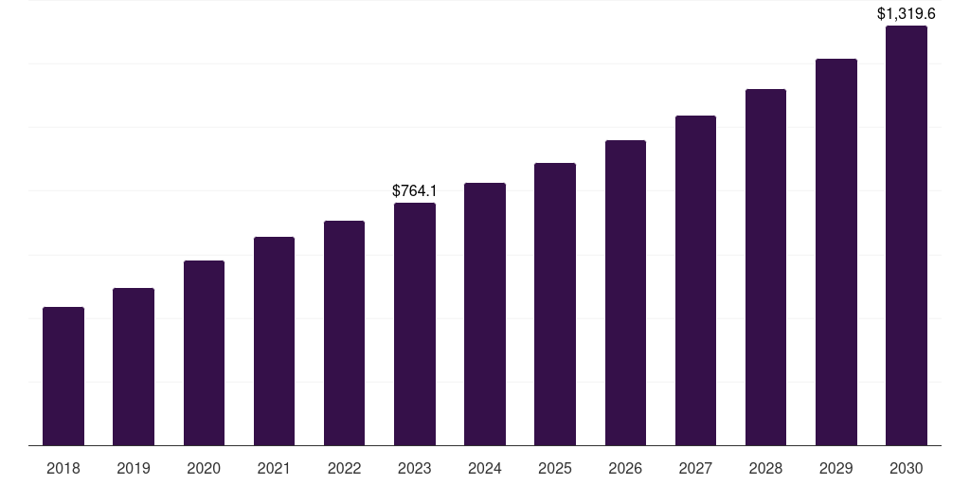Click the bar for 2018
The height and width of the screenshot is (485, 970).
(63, 376)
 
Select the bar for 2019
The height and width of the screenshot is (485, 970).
(134, 367)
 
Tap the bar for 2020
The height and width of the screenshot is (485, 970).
(204, 352)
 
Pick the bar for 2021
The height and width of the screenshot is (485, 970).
(274, 341)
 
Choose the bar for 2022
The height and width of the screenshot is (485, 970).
(344, 332)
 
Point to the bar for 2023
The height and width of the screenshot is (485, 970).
(415, 324)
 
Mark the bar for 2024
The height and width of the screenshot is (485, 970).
(485, 314)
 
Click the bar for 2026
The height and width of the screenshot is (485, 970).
(625, 293)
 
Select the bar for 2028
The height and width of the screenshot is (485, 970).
(765, 267)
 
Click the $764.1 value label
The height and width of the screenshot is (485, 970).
(415, 191)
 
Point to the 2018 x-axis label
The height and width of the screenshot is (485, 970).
(63, 468)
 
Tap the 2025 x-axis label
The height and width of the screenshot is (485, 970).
(555, 468)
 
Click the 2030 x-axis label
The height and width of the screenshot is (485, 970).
(907, 468)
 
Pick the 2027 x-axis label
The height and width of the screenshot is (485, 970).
(695, 468)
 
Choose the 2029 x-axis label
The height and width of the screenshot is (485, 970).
(836, 468)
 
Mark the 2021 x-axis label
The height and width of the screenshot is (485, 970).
(274, 468)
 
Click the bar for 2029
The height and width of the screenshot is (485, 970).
(836, 252)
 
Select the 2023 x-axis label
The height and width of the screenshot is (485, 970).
(415, 468)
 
